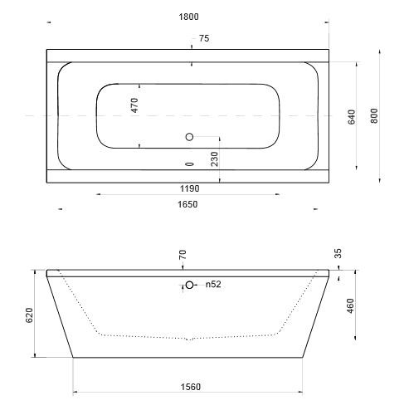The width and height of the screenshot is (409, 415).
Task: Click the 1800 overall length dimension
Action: click(x=188, y=17)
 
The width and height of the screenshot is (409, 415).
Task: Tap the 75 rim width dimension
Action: click(x=204, y=38)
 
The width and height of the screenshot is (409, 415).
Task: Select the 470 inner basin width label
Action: click(x=134, y=105)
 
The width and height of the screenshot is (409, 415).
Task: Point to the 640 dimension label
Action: click(x=352, y=117)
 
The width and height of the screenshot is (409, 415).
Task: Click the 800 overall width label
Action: click(x=374, y=115)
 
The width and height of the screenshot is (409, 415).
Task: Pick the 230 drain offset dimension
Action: click(x=214, y=159)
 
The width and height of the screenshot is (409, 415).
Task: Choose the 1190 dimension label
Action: click(x=189, y=188)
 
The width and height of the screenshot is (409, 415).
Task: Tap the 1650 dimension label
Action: click(x=187, y=204)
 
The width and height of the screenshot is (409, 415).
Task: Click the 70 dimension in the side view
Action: click(x=183, y=254)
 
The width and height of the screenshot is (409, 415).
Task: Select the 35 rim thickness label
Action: click(x=338, y=253)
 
